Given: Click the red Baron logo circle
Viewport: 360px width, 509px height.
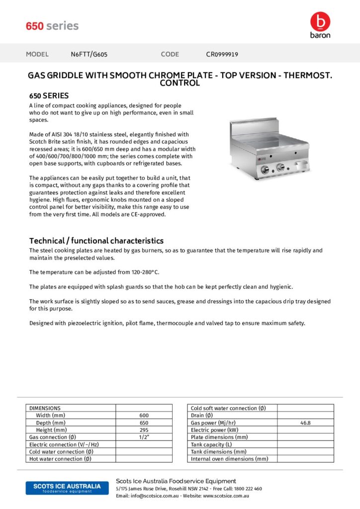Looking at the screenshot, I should click(320, 21).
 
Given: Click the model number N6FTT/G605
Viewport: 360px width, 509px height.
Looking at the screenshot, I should click(89, 54).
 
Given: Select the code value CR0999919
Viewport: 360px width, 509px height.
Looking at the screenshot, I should click(222, 54).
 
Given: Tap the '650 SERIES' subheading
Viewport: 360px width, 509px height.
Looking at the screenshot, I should click(49, 95).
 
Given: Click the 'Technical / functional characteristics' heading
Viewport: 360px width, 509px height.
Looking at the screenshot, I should click(96, 241).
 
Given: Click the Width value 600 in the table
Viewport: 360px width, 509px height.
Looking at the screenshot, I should click(144, 416).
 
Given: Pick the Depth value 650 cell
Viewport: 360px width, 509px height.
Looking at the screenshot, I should click(144, 423).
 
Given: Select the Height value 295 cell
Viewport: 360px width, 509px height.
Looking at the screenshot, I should click(144, 430).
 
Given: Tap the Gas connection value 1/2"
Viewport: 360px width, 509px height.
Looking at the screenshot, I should click(144, 437).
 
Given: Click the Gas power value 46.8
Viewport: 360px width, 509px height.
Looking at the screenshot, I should click(305, 423).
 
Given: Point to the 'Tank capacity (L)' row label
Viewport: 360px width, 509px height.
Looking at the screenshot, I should click(211, 444).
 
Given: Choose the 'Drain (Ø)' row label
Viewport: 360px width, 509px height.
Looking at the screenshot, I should click(202, 416).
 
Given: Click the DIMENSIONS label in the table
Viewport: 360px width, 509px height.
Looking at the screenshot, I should click(45, 408).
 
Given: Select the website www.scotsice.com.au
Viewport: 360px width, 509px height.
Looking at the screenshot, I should click(226, 496).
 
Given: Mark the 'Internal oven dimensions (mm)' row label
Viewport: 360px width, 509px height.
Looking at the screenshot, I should click(229, 459).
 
